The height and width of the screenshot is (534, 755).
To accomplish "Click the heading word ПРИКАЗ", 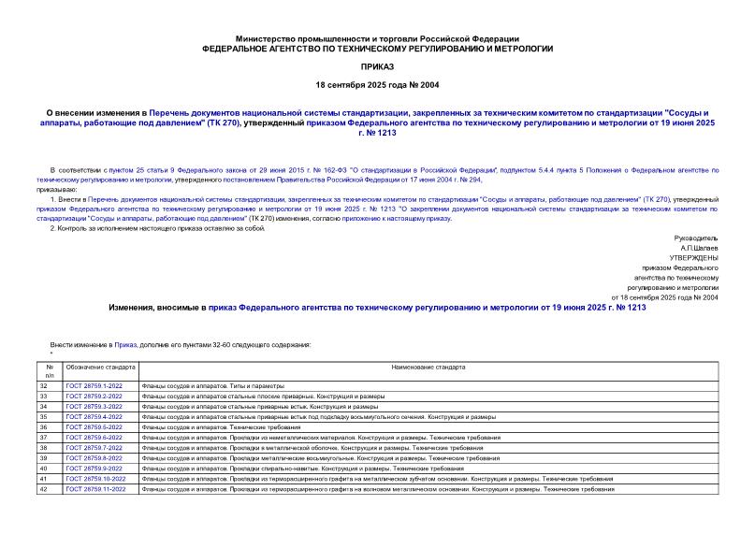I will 377,67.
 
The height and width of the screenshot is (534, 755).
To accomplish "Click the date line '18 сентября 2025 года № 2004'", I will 377,85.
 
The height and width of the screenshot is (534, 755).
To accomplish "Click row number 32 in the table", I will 43,386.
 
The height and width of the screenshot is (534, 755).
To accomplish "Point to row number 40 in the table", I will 43,469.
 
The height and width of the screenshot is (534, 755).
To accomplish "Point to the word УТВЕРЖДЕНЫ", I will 693,257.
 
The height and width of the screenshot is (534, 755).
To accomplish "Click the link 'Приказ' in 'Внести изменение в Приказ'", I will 127,344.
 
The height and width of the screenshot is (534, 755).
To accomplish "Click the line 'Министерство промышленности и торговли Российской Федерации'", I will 377,38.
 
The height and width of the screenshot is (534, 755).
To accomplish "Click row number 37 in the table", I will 43,438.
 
